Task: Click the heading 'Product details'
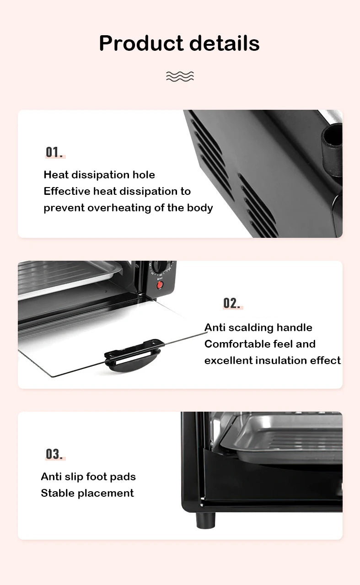tap(179, 43)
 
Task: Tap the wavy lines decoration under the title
tap(180, 76)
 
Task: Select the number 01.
tap(54, 152)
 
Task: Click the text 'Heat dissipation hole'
tap(99, 175)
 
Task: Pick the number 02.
tap(232, 303)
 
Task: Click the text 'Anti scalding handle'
tap(258, 327)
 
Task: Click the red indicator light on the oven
tap(160, 285)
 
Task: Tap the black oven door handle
tap(133, 355)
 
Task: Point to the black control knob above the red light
tap(160, 267)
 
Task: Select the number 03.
tap(54, 454)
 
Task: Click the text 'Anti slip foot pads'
tap(88, 477)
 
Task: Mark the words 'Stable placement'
tap(87, 493)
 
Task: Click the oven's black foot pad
tap(205, 520)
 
